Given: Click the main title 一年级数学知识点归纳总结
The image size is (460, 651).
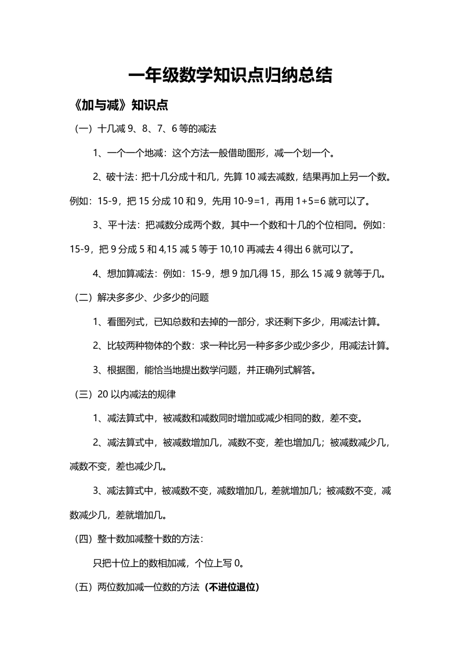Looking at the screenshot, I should pos(230,77).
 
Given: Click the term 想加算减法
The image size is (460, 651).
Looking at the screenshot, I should pos(131,273).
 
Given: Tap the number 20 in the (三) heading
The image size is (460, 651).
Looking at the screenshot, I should pos(103,393).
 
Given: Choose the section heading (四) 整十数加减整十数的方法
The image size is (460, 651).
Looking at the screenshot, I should pos(139,538).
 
